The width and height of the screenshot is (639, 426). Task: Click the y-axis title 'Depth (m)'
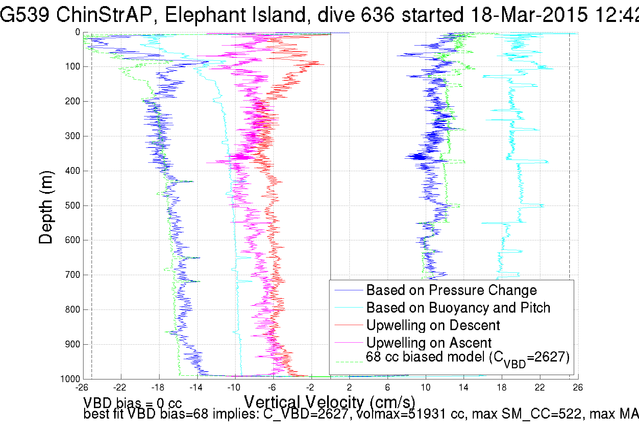(x=46, y=207)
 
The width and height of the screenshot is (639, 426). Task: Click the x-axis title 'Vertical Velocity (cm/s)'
(x=329, y=402)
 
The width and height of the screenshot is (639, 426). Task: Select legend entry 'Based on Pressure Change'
(x=451, y=290)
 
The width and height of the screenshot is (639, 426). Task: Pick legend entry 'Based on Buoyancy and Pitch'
(x=458, y=308)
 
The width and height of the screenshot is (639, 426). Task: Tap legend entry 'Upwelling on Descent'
(x=433, y=325)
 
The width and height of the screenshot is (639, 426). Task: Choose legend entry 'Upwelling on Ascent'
(x=429, y=343)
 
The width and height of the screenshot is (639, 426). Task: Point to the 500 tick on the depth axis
(x=72, y=206)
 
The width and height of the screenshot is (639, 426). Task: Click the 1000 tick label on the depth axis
(x=70, y=379)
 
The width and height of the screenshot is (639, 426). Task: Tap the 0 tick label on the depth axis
(x=78, y=32)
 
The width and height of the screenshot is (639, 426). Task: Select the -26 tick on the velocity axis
(x=81, y=388)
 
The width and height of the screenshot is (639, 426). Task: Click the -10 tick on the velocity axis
(x=234, y=388)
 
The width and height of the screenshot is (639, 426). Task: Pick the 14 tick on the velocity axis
(x=464, y=388)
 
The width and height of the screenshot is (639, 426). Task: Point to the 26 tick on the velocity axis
(x=578, y=388)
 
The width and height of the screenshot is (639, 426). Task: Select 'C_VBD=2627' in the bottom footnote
(x=305, y=414)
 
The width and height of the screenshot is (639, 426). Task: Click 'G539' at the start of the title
(x=24, y=15)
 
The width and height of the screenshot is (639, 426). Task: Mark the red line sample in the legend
(x=348, y=325)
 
